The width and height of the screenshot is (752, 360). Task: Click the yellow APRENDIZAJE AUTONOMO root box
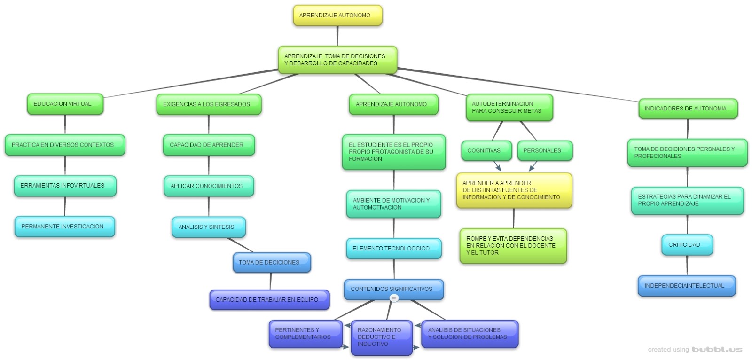click(337, 16)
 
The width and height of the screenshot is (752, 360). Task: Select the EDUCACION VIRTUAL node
click(65, 104)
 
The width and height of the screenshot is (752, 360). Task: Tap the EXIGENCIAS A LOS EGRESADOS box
click(209, 104)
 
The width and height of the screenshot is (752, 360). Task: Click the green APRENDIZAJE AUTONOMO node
click(393, 104)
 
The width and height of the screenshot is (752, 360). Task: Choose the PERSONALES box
click(545, 150)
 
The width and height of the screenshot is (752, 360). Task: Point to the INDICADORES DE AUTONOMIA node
click(688, 109)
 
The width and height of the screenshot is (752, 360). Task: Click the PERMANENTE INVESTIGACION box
click(65, 227)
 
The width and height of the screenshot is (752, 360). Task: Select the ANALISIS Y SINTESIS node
click(209, 227)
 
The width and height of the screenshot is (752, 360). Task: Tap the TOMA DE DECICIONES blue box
click(272, 263)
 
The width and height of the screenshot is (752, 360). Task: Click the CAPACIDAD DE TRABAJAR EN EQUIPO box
click(269, 300)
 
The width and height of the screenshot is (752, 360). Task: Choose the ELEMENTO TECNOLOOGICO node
click(394, 249)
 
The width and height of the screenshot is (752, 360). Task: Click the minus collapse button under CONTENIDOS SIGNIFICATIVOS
click(394, 298)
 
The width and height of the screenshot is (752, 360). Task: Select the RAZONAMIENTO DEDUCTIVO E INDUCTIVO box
click(382, 337)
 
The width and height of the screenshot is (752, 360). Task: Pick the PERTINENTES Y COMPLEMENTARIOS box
click(305, 334)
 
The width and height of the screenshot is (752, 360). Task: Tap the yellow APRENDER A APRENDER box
click(514, 190)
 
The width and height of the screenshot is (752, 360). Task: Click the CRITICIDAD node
click(687, 245)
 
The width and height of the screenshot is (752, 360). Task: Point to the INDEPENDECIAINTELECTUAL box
click(686, 286)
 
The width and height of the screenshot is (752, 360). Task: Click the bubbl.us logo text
click(716, 350)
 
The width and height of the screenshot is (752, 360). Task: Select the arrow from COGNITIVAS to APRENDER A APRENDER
click(496, 165)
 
